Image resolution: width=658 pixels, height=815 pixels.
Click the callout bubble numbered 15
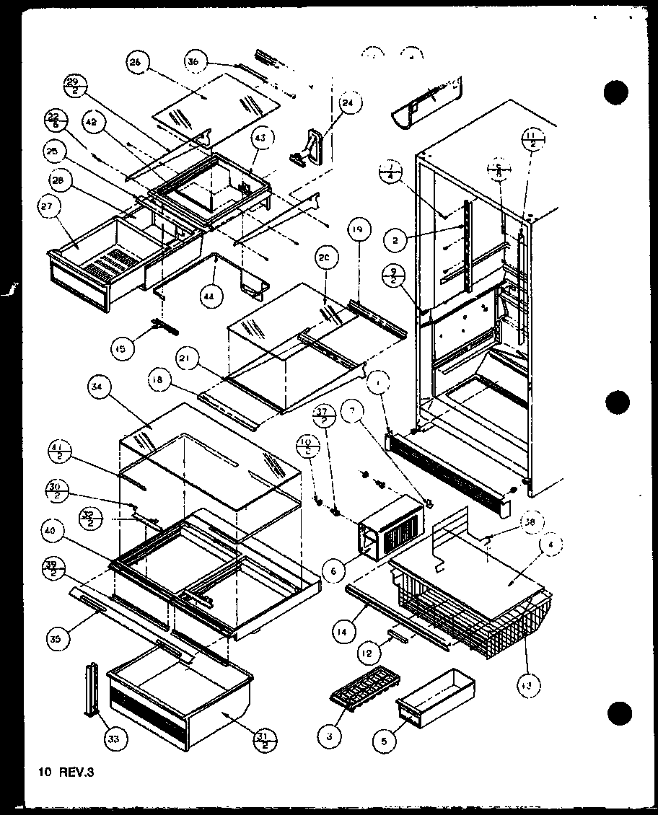123,349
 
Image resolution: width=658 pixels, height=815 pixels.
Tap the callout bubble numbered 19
359,231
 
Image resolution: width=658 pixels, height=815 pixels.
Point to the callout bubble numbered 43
260,138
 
